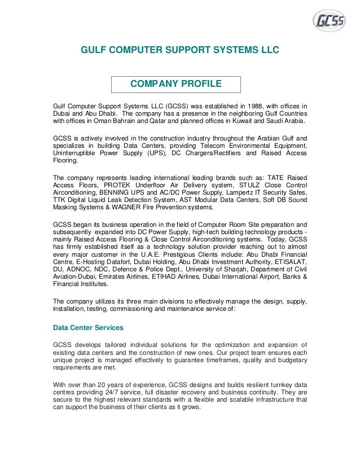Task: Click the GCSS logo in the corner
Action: pos(331,21)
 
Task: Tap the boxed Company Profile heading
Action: pos(175,85)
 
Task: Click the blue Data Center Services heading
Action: pos(88,327)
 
